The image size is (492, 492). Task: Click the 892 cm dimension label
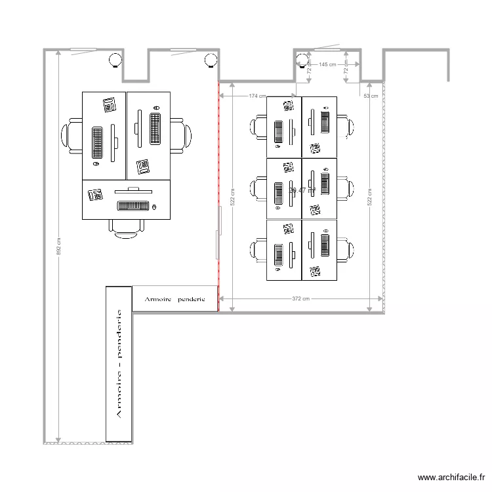pyautogui.click(x=59, y=246)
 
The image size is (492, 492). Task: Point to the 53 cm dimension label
pyautogui.click(x=371, y=96)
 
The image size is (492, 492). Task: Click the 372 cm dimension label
pyautogui.click(x=300, y=298)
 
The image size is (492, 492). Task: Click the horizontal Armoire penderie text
pyautogui.click(x=174, y=298)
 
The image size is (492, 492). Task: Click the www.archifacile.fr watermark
pyautogui.click(x=453, y=478)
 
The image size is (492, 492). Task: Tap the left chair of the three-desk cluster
pyautogui.click(x=72, y=136)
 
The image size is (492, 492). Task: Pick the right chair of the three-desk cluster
pyautogui.click(x=181, y=136)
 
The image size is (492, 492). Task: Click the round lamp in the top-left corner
pyautogui.click(x=115, y=61)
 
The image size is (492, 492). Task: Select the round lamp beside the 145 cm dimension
pyautogui.click(x=302, y=61)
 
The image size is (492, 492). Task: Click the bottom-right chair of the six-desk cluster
pyautogui.click(x=345, y=251)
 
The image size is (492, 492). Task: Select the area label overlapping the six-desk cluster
pyautogui.click(x=302, y=190)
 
